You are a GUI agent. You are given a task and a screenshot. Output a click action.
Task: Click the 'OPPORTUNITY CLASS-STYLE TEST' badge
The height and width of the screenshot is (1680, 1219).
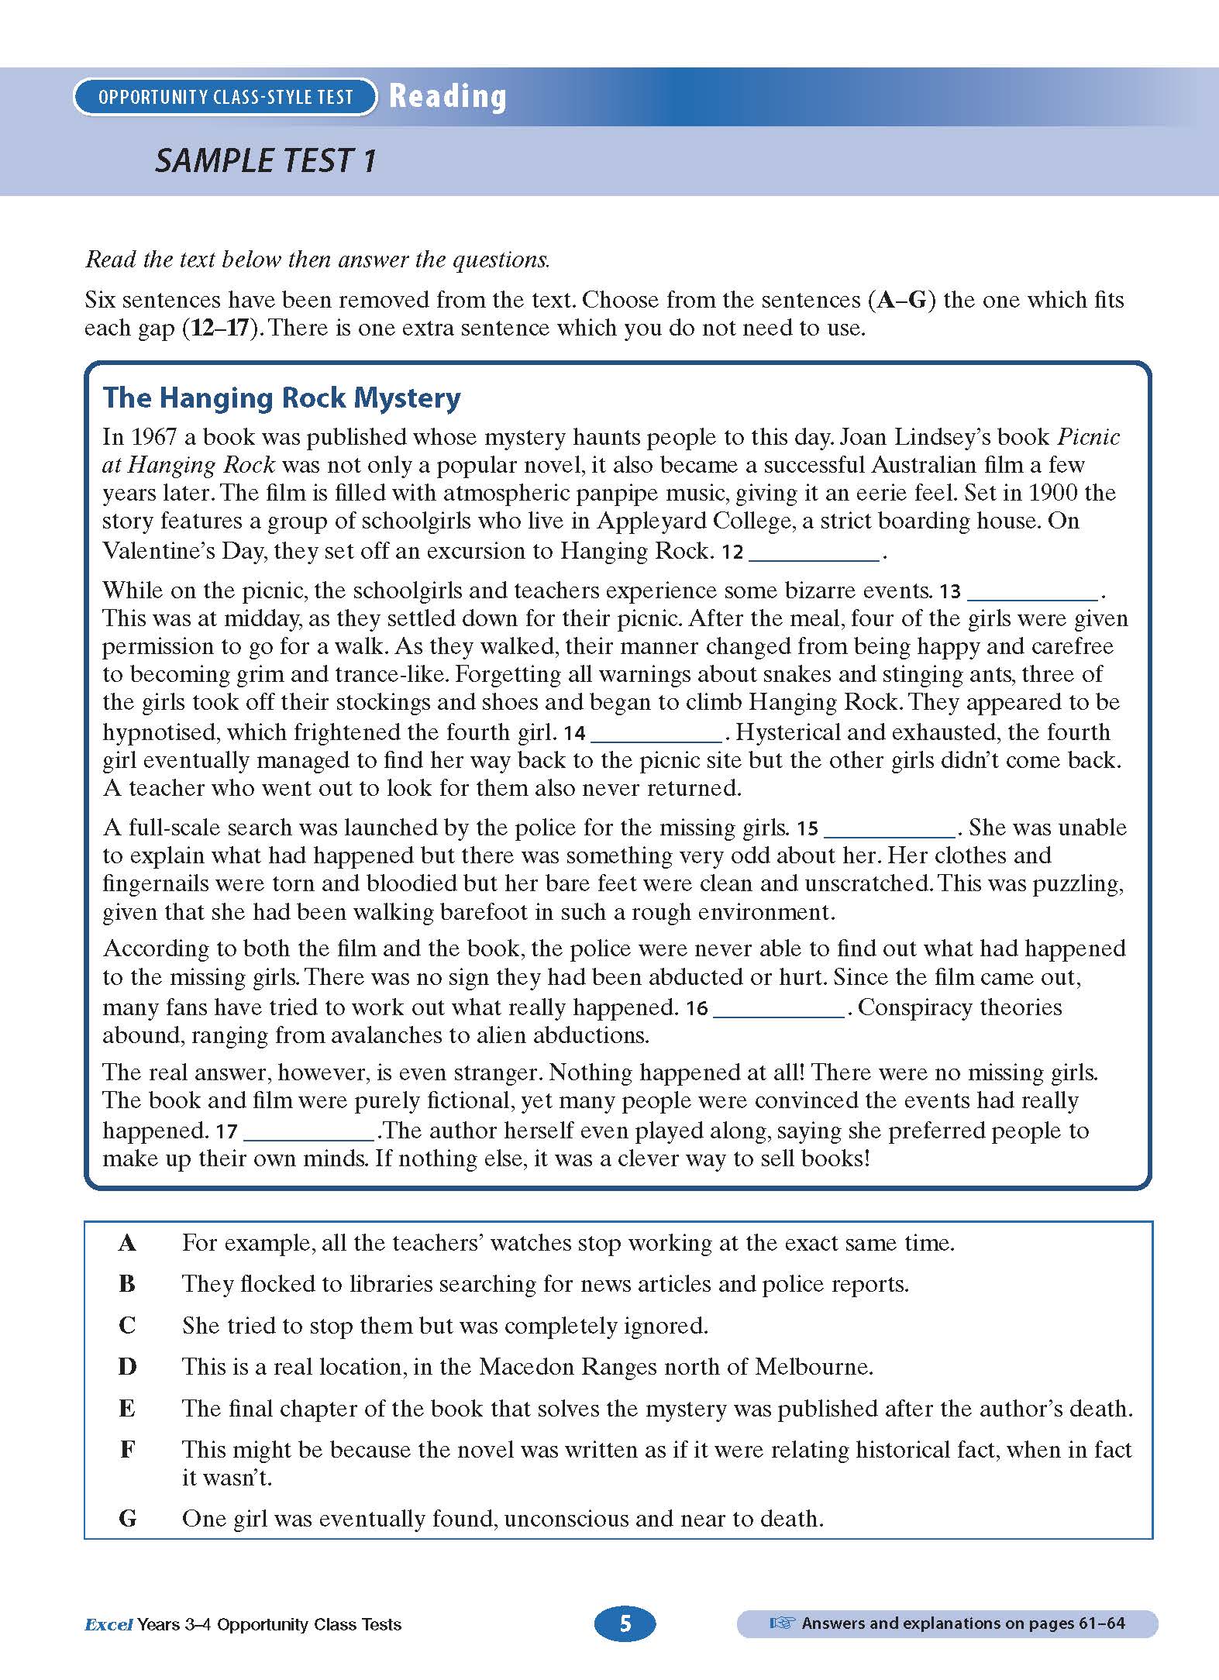[x=225, y=97]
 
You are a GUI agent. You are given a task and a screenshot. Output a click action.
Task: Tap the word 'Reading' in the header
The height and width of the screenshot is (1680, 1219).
[x=447, y=96]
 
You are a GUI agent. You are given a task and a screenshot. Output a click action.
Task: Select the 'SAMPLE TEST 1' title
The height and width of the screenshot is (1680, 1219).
[x=266, y=160]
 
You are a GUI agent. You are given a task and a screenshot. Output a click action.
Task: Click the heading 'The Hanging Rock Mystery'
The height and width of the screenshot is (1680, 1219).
[x=281, y=398]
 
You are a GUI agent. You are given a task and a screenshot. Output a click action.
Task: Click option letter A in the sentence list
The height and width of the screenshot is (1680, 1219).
[x=127, y=1244]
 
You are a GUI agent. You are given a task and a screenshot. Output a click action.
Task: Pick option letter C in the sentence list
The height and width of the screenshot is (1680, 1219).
[x=127, y=1326]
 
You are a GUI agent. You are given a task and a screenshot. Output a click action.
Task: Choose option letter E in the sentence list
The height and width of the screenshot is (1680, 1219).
[x=127, y=1409]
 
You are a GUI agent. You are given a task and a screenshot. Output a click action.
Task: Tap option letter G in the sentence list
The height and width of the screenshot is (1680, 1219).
[x=127, y=1519]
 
